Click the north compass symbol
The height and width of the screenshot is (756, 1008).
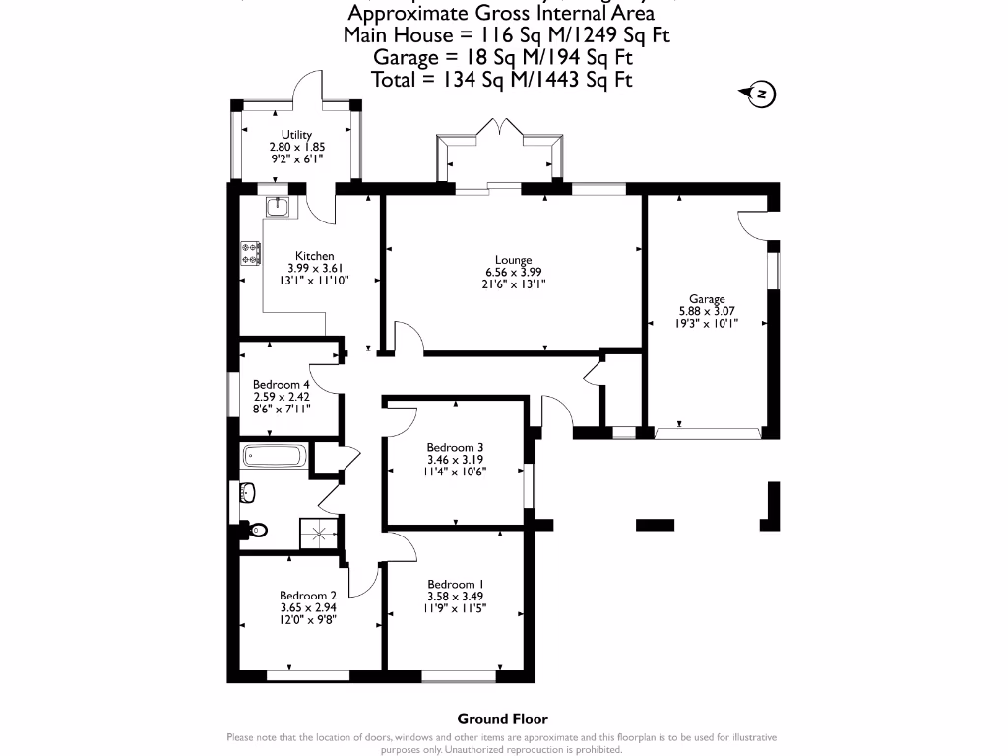(759, 94)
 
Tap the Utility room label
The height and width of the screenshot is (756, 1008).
(296, 135)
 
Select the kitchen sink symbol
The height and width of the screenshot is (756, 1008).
(276, 206)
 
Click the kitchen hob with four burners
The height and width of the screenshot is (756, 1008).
(251, 253)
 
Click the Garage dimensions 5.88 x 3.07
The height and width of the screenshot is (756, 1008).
(706, 311)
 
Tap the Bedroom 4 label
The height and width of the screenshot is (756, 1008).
(281, 384)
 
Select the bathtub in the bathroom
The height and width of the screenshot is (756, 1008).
(276, 456)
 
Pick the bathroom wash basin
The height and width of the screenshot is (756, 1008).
(247, 492)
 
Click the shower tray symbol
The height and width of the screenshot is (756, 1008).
(320, 535)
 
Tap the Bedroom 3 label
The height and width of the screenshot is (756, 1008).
(455, 446)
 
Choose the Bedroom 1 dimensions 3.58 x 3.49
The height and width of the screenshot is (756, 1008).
(455, 596)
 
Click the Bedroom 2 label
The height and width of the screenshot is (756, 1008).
(308, 595)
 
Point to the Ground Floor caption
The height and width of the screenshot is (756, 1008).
(502, 719)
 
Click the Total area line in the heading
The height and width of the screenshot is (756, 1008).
(502, 80)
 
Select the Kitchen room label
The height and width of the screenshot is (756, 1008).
(314, 256)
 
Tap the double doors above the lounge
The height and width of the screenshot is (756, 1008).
(502, 128)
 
